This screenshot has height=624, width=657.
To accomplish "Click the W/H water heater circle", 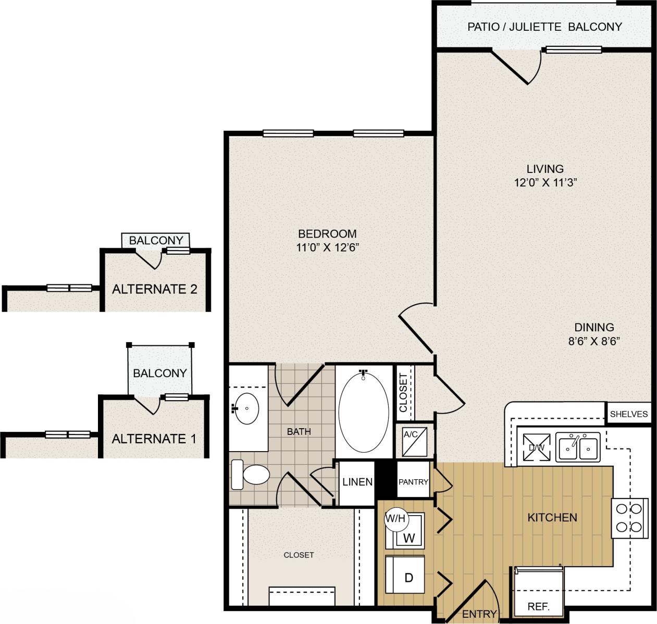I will [395, 519].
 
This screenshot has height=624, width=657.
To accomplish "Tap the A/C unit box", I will [414, 441].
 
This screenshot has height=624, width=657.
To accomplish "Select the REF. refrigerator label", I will [538, 607].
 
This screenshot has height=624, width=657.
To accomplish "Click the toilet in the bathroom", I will [251, 475].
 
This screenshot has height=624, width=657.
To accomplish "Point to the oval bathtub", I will [363, 411].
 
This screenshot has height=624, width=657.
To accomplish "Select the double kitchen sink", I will [578, 446].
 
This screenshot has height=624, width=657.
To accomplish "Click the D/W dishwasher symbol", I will [537, 447].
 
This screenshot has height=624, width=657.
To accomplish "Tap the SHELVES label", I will [629, 414].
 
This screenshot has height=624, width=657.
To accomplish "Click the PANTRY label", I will [413, 482].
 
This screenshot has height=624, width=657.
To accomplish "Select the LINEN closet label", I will [357, 482].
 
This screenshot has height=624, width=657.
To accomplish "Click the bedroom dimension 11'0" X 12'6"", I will [328, 248].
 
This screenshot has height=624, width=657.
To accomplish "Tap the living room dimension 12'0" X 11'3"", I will [545, 183].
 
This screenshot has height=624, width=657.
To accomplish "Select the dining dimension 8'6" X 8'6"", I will [594, 342].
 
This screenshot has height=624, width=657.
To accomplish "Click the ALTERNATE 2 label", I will [155, 289].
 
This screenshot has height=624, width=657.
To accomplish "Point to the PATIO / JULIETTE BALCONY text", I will [544, 27].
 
